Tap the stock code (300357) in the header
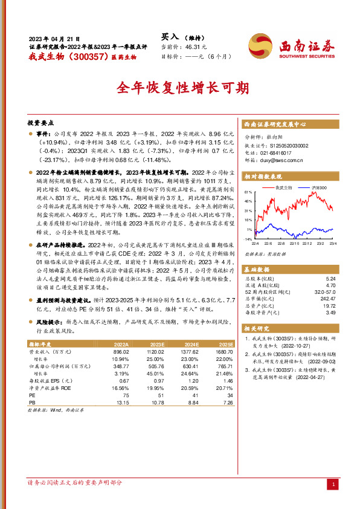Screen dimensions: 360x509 [x=90, y=56]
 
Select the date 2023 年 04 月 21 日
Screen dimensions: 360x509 [x=54, y=37]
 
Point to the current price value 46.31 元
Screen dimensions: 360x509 [x=196, y=46]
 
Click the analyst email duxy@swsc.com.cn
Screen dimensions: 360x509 [x=278, y=161]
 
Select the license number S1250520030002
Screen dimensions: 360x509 [x=284, y=146]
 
